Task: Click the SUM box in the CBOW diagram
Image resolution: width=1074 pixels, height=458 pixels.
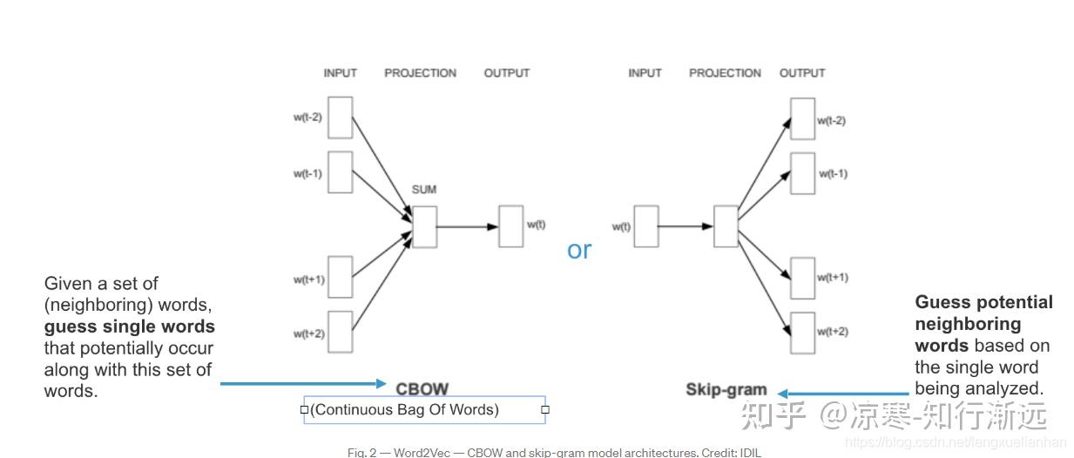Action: click(x=424, y=226)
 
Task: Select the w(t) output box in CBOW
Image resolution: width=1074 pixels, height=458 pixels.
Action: click(x=510, y=226)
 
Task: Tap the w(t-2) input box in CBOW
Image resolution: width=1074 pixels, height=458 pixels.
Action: click(x=340, y=118)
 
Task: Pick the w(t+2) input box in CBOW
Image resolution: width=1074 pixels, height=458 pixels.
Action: click(x=340, y=332)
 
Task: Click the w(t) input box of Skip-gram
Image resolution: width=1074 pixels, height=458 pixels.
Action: click(x=645, y=226)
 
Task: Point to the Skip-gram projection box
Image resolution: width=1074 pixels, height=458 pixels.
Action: click(x=726, y=226)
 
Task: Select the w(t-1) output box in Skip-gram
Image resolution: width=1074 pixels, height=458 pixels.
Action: click(x=802, y=173)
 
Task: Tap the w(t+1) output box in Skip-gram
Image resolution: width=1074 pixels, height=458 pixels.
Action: click(x=802, y=278)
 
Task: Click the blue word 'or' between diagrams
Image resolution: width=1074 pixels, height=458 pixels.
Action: click(x=579, y=250)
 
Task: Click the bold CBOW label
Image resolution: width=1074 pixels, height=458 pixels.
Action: click(x=422, y=388)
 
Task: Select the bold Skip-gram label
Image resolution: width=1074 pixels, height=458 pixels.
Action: click(x=726, y=390)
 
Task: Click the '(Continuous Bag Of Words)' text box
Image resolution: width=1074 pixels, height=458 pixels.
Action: click(x=424, y=409)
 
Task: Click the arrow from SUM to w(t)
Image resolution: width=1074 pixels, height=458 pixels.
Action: click(x=467, y=226)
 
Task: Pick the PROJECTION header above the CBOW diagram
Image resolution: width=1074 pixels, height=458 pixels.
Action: click(x=420, y=73)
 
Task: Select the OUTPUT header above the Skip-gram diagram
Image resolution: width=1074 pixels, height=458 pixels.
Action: click(x=801, y=73)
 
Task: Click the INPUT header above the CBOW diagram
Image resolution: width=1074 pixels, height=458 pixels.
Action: click(x=340, y=73)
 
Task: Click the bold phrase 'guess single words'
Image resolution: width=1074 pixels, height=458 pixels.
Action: click(x=129, y=327)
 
